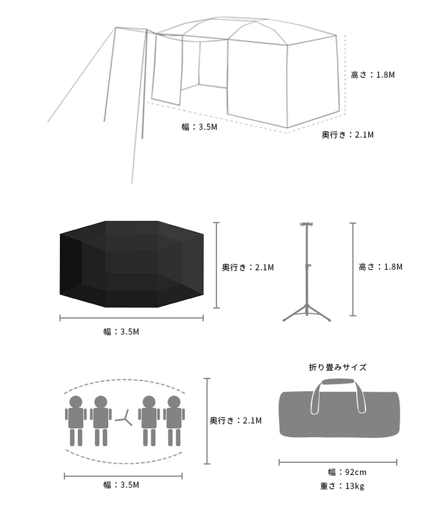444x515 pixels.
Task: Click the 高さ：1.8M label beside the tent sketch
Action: coord(373,75)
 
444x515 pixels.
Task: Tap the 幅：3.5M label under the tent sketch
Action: coord(199,127)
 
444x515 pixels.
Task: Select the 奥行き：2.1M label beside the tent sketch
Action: coord(347,135)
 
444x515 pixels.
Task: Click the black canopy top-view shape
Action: coord(132,264)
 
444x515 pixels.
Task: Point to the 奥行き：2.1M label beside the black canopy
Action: coord(248,267)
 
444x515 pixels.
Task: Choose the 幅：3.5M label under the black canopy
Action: coord(121,332)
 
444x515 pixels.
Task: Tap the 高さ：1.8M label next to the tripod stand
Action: coord(380,267)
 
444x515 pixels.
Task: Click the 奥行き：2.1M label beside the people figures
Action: coord(236,421)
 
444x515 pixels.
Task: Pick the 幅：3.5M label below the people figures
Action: coord(121,485)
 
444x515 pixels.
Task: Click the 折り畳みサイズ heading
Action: coord(337,368)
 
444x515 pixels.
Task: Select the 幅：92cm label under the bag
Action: coord(337,473)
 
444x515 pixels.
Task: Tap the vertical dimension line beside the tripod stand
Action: coord(353,269)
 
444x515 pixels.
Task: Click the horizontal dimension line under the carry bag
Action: coord(338,462)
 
